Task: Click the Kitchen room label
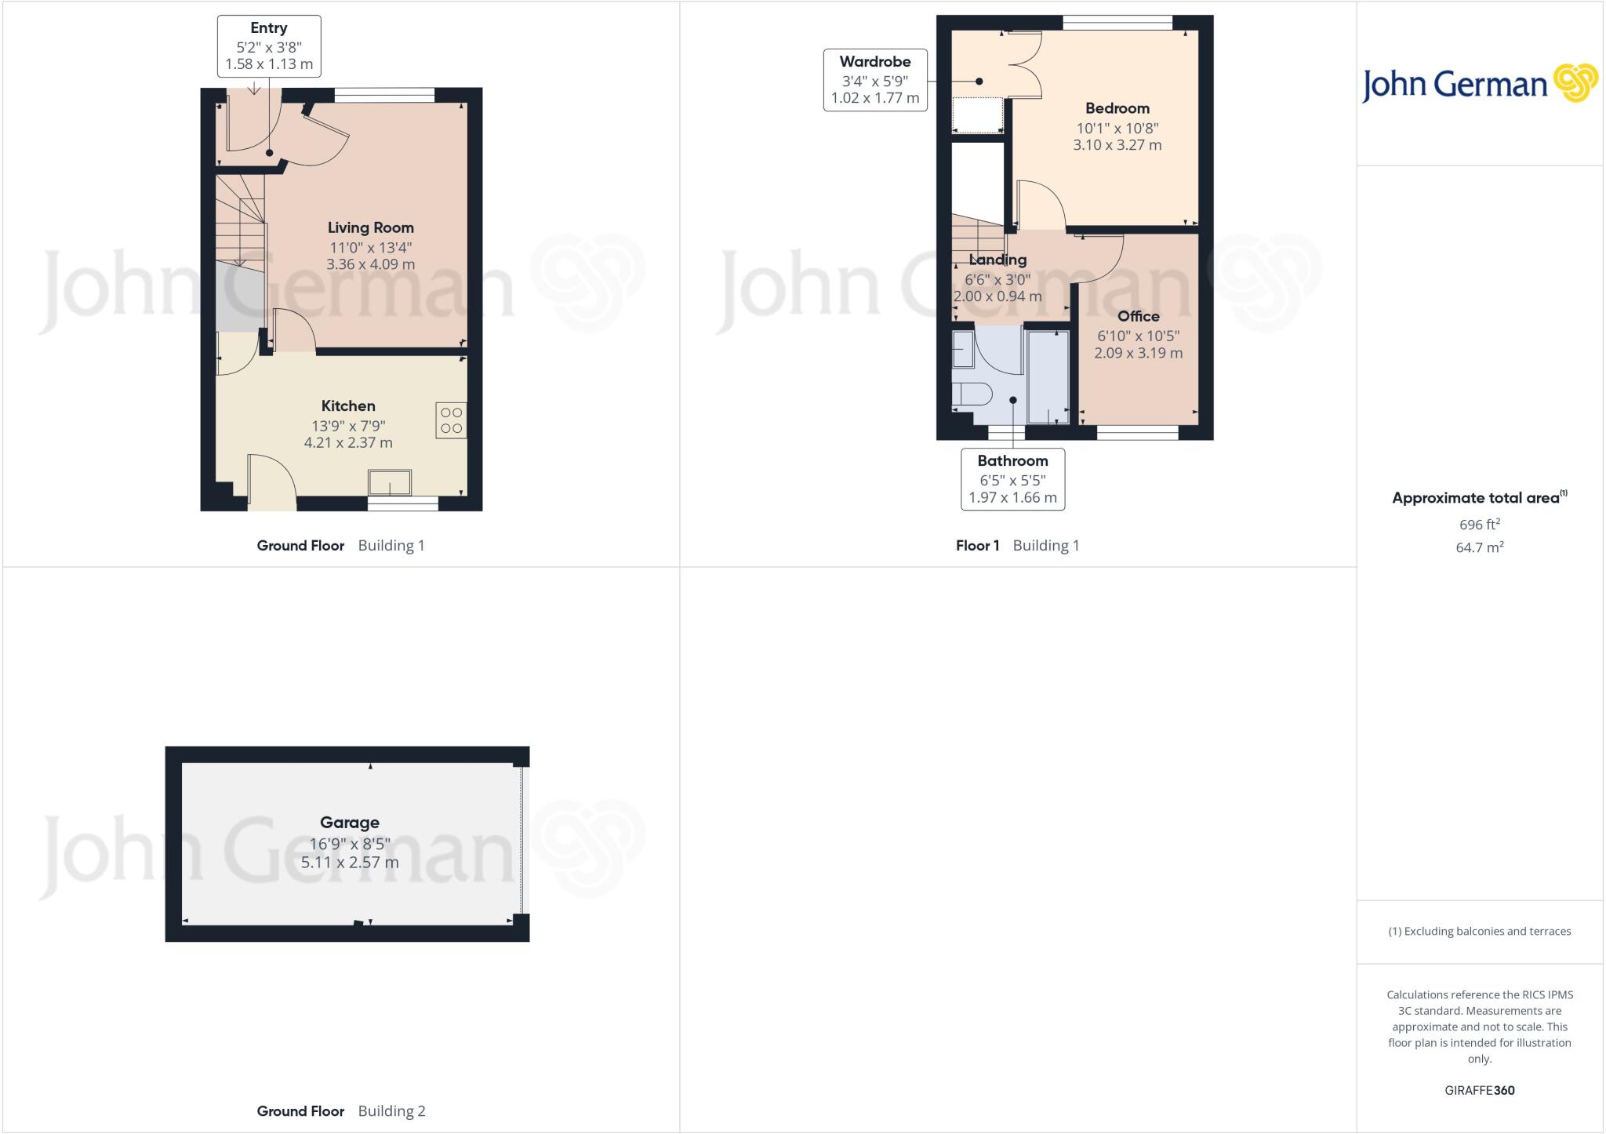pyautogui.click(x=348, y=405)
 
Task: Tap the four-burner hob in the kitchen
pyautogui.click(x=451, y=420)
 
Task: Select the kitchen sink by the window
pyautogui.click(x=390, y=482)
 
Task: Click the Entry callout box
pyautogui.click(x=269, y=46)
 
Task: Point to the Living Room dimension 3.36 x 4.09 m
pyautogui.click(x=370, y=264)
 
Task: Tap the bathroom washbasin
pyautogui.click(x=962, y=350)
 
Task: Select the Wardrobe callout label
pyautogui.click(x=875, y=62)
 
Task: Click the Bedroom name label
pyautogui.click(x=1117, y=108)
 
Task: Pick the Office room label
pyautogui.click(x=1138, y=316)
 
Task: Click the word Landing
pyautogui.click(x=997, y=260)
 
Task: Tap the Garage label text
pyautogui.click(x=349, y=822)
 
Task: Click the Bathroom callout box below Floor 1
pyautogui.click(x=1012, y=479)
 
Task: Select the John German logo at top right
pyautogui.click(x=1479, y=84)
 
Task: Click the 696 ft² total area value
pyautogui.click(x=1479, y=524)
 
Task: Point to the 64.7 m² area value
pyautogui.click(x=1479, y=547)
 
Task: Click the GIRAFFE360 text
pyautogui.click(x=1479, y=1090)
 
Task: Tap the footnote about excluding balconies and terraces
pyautogui.click(x=1479, y=932)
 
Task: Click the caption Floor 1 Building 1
pyautogui.click(x=1017, y=545)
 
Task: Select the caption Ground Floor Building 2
pyautogui.click(x=341, y=1110)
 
